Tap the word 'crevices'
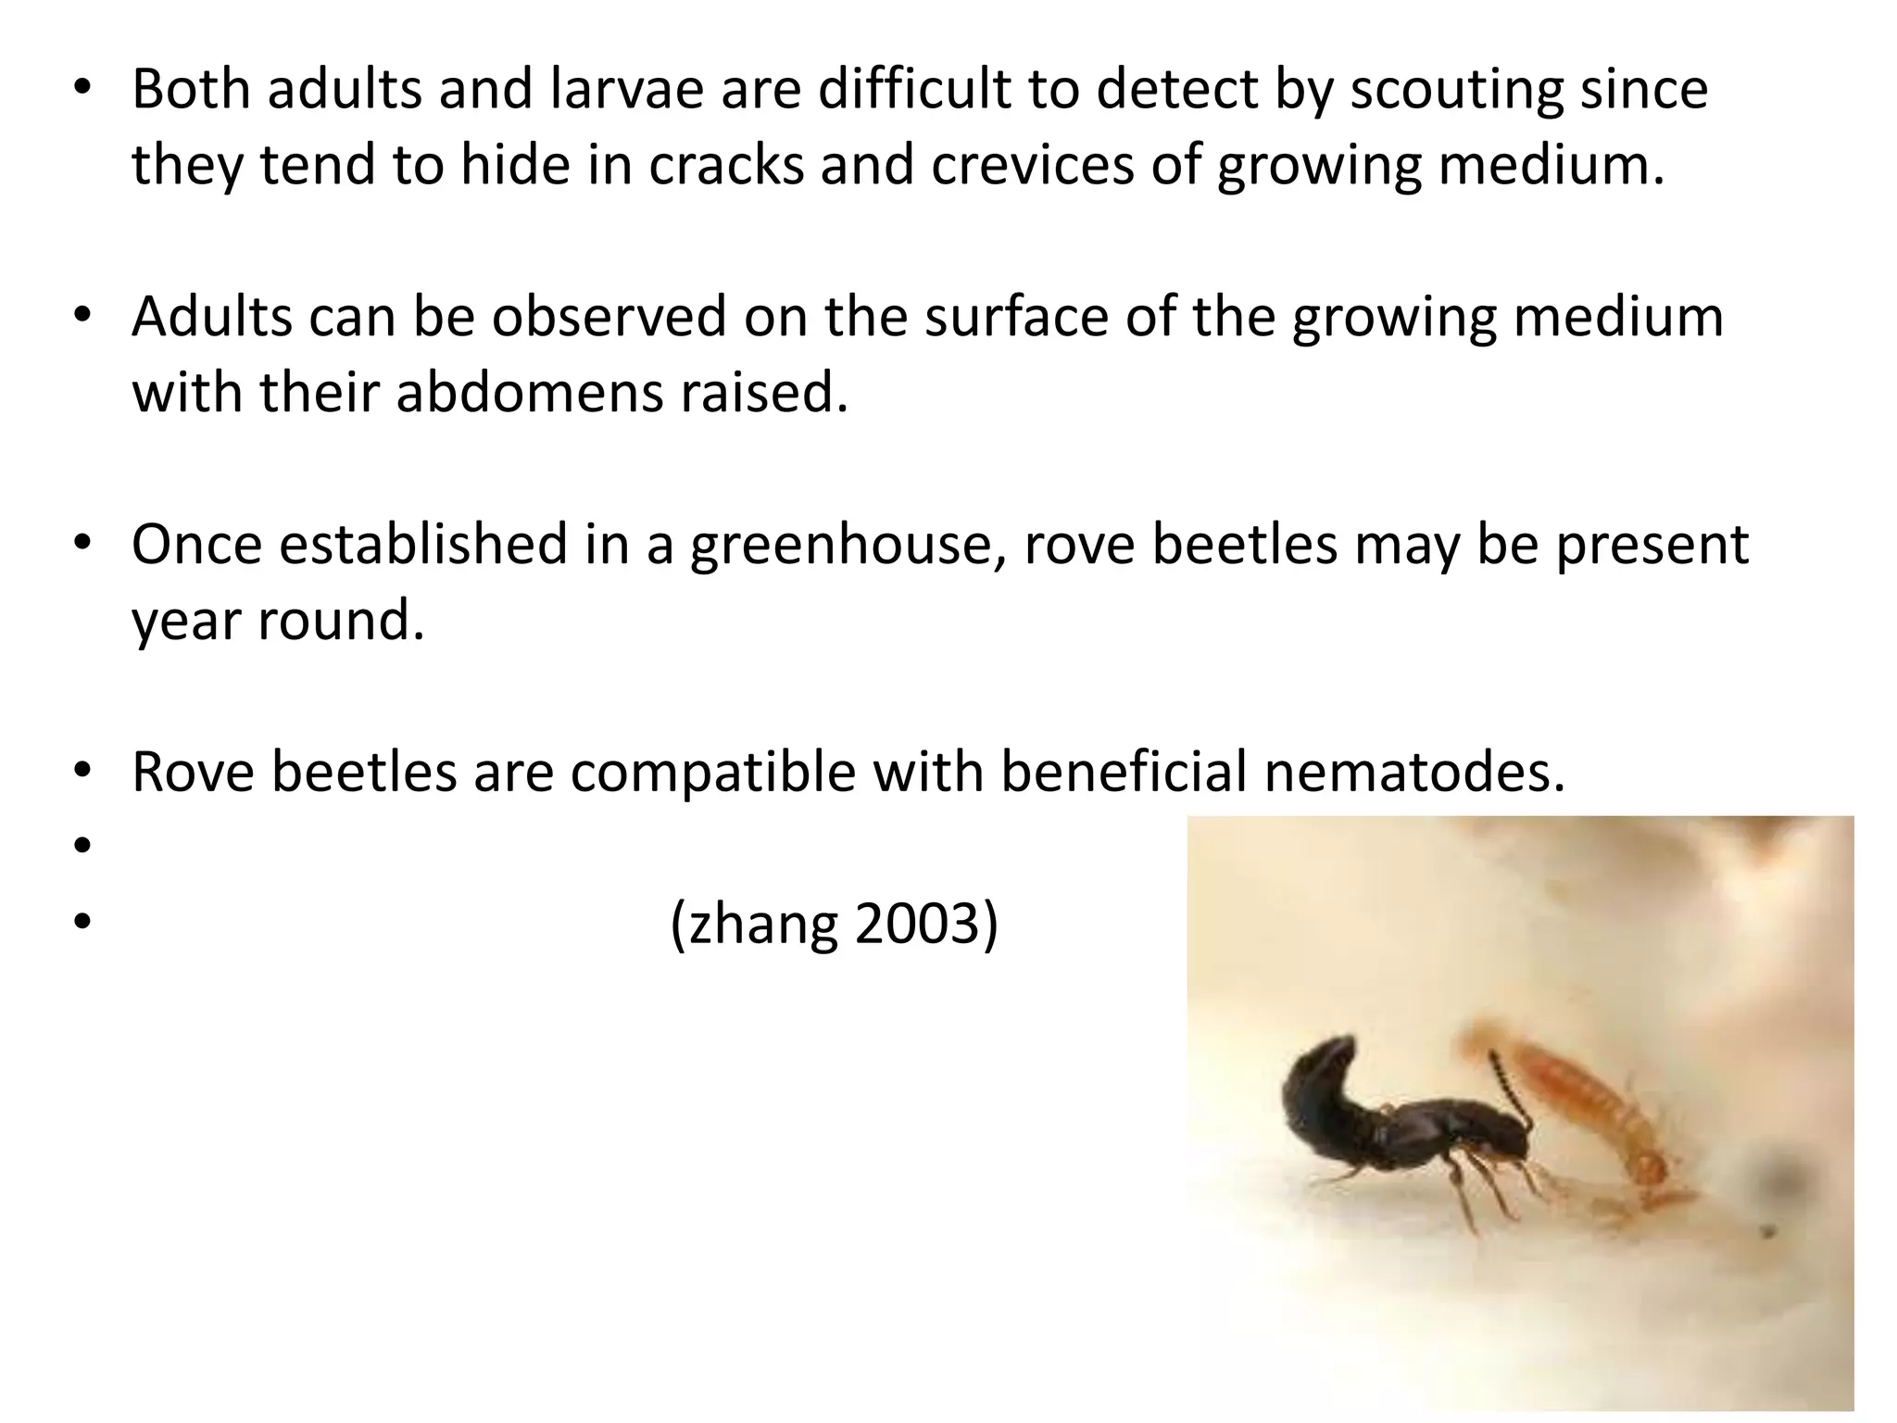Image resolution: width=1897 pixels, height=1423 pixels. (1032, 166)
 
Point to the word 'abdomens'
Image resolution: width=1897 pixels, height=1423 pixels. (529, 393)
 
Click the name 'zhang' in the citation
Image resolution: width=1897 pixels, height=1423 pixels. (762, 924)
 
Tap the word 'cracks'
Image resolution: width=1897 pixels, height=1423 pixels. (725, 166)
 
